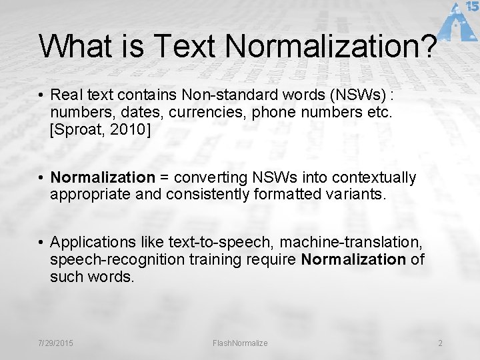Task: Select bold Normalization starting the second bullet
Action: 103,177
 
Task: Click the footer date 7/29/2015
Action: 56,343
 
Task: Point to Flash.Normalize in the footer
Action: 240,343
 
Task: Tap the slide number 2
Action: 440,343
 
